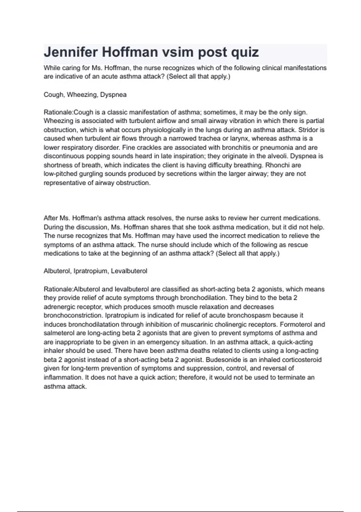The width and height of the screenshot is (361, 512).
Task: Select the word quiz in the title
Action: click(245, 52)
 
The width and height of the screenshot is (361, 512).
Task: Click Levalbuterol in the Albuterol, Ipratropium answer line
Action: click(129, 271)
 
